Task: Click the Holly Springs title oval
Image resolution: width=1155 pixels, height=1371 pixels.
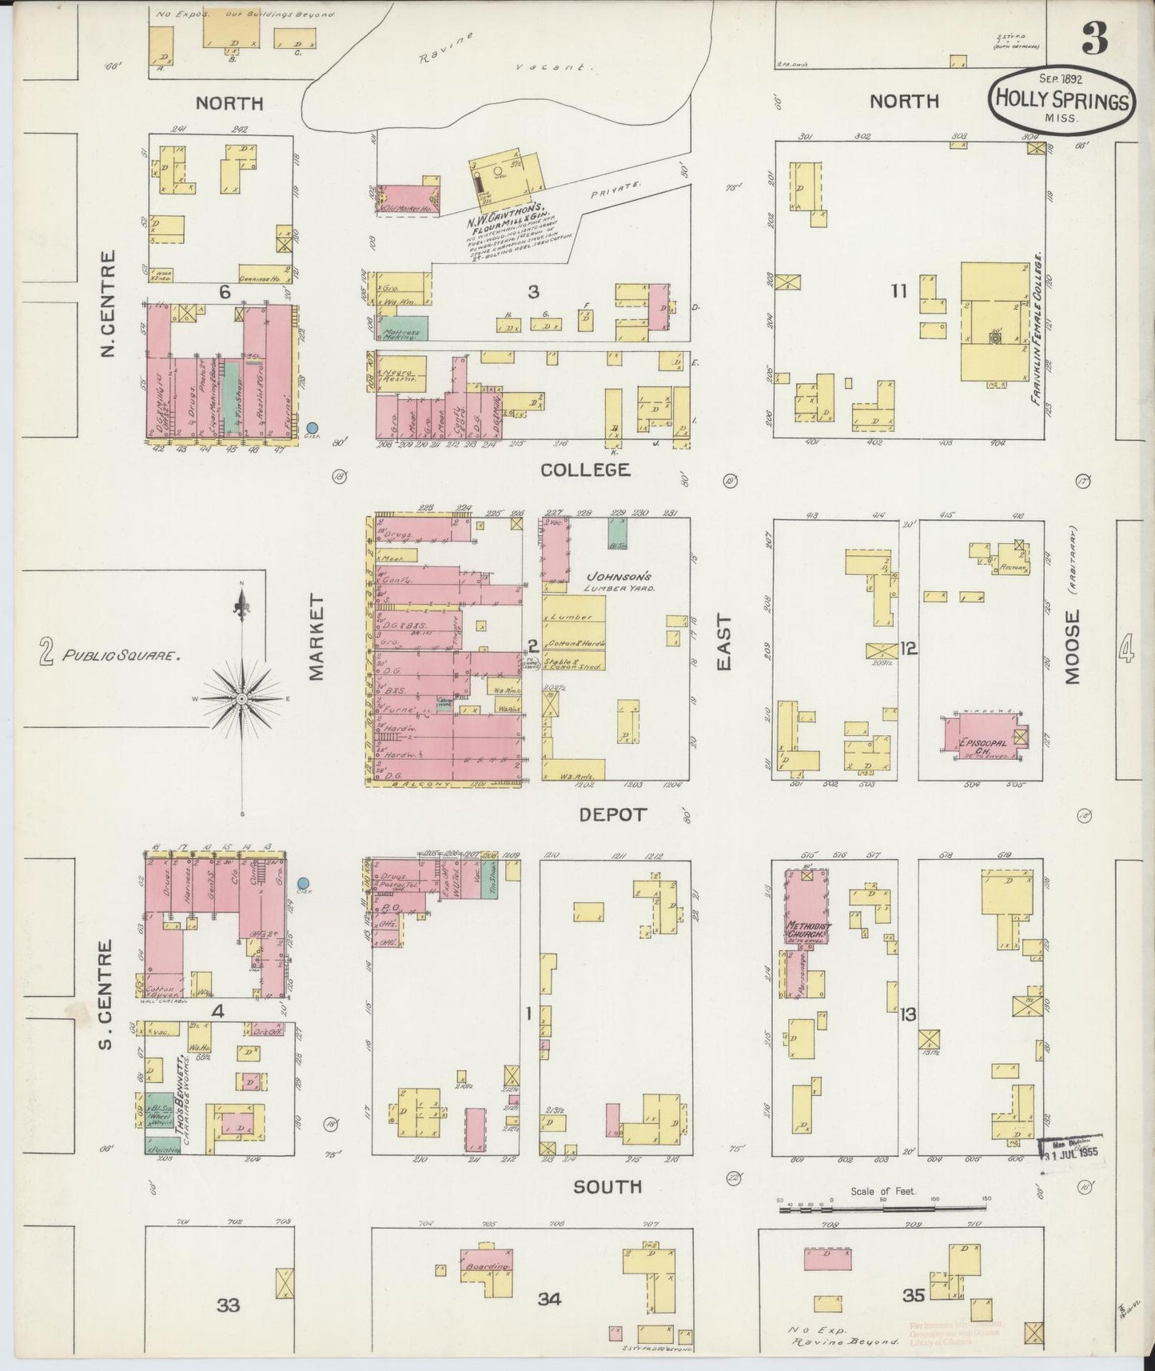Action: (1061, 101)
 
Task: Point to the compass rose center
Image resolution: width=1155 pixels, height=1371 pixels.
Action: (241, 698)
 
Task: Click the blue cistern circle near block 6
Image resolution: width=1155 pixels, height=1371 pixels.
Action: (313, 429)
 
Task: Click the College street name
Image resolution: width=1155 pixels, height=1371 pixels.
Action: (586, 470)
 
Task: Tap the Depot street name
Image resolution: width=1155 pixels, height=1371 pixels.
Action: (612, 814)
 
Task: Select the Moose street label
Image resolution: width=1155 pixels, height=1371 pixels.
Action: (1071, 646)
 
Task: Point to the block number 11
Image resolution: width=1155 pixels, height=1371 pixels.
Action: (899, 291)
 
